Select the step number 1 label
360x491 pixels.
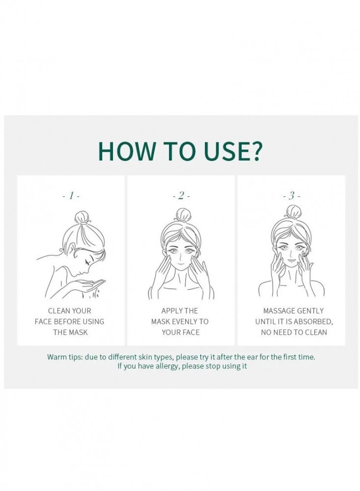[71, 196]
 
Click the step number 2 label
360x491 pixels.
[181, 196]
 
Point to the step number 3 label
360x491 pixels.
[291, 196]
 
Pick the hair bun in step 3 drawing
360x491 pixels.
[293, 212]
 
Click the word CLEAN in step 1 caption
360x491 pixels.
[58, 311]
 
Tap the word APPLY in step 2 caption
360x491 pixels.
[172, 311]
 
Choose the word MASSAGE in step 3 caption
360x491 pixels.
[278, 311]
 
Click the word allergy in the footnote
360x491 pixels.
[167, 366]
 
